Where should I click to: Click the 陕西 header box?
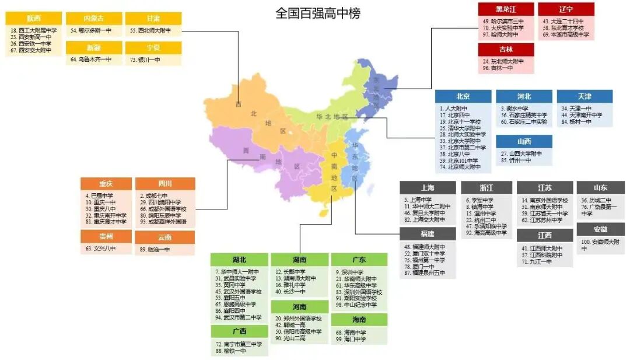tap(33, 19)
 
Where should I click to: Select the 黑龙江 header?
tap(506, 9)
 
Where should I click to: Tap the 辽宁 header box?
tap(566, 9)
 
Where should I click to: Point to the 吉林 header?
tap(506, 50)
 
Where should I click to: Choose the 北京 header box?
tap(463, 96)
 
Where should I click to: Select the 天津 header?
tap(584, 96)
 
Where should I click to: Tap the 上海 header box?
tap(428, 188)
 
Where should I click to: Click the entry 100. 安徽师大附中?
tap(600, 244)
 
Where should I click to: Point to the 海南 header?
tap(359, 320)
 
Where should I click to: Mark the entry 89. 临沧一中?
tap(155, 249)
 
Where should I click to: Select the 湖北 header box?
tap(239, 260)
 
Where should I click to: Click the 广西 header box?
tap(239, 331)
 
